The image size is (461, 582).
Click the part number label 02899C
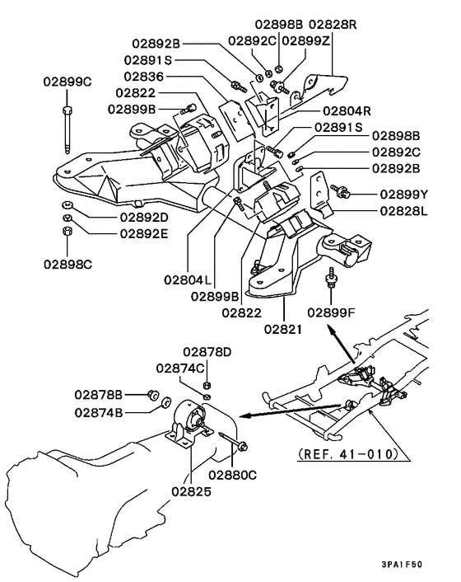[x=68, y=82]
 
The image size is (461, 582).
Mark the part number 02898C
[x=68, y=265]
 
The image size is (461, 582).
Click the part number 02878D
[x=207, y=352]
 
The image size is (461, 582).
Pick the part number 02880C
[x=231, y=475]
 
